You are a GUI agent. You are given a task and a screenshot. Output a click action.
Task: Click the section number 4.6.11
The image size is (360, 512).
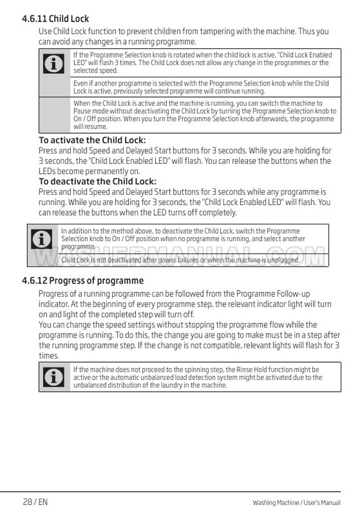coord(34,19)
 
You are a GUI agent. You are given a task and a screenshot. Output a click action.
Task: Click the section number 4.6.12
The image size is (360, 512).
coord(34,281)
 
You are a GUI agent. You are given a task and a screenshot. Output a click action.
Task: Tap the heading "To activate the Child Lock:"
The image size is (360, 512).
coord(92,140)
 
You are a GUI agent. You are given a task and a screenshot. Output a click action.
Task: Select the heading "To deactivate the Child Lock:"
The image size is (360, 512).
coord(97,181)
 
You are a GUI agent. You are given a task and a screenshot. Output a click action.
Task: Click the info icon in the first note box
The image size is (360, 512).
coord(54,63)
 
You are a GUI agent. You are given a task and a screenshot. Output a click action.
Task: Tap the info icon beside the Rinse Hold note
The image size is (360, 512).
coord(54,377)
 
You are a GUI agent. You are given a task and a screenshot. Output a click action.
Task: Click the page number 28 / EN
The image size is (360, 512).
coord(35,502)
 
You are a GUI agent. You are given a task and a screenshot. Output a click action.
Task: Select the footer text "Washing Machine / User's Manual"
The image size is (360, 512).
coord(296,503)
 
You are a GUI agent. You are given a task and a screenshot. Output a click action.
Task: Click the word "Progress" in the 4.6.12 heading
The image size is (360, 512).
coord(68,281)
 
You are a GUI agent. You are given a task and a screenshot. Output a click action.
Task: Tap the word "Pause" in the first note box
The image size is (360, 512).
coord(82,111)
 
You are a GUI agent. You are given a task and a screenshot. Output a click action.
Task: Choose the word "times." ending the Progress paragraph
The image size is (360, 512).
coord(49,356)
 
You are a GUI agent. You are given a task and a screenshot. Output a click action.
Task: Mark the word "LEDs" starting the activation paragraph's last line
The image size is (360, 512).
coord(48,171)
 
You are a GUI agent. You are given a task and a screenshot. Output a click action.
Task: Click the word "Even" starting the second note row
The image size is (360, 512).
coord(80,84)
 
